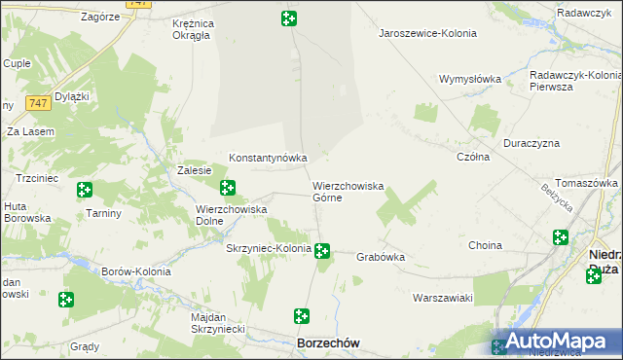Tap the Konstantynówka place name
[x=268, y=157]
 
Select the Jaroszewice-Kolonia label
[x=427, y=33]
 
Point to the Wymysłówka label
[x=469, y=79]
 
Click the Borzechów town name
[x=328, y=343]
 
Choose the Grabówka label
[x=380, y=257]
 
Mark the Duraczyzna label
[x=531, y=143]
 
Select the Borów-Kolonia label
[x=136, y=271]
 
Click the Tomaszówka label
[x=588, y=183]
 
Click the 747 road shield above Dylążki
[x=38, y=102]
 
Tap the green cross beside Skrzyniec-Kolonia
[x=322, y=251]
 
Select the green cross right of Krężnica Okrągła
[x=289, y=18]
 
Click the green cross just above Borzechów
[x=302, y=316]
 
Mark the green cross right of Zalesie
[x=228, y=187]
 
